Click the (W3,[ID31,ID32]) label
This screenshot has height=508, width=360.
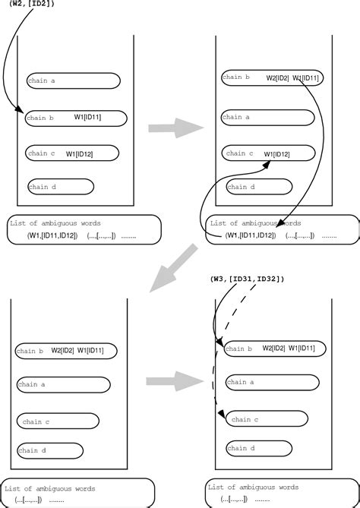tap(247, 279)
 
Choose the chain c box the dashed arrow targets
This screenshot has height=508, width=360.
tap(267, 419)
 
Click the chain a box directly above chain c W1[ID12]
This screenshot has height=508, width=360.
tap(266, 117)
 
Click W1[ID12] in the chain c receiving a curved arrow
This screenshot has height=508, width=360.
tap(277, 154)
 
